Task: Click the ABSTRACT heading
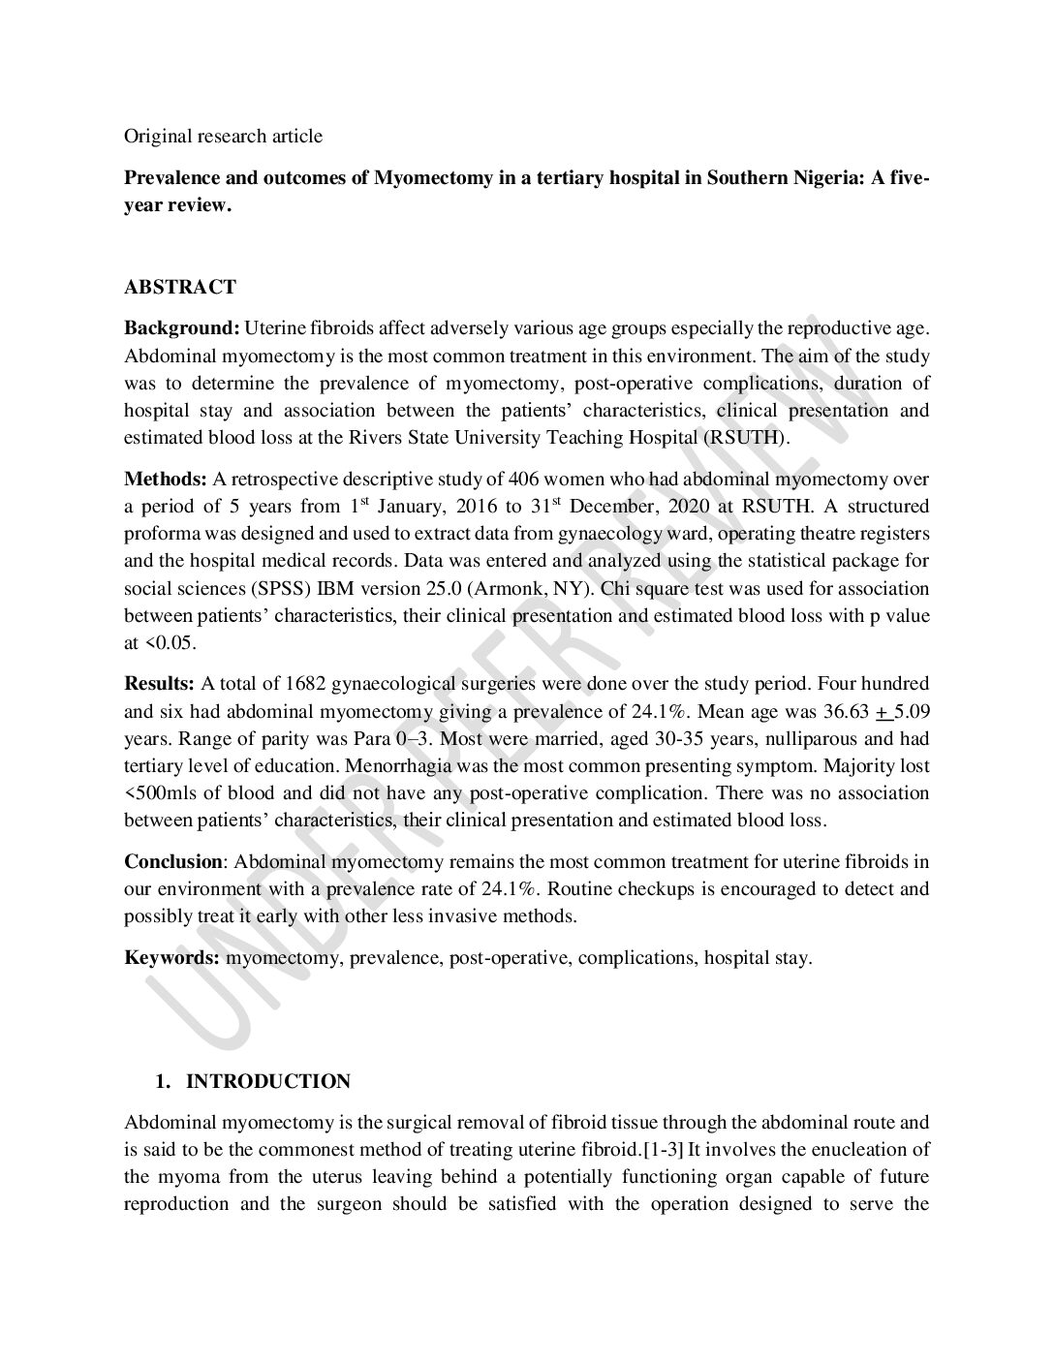click(179, 287)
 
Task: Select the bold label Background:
click(182, 328)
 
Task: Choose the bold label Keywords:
click(172, 958)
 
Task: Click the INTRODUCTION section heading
click(267, 1081)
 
